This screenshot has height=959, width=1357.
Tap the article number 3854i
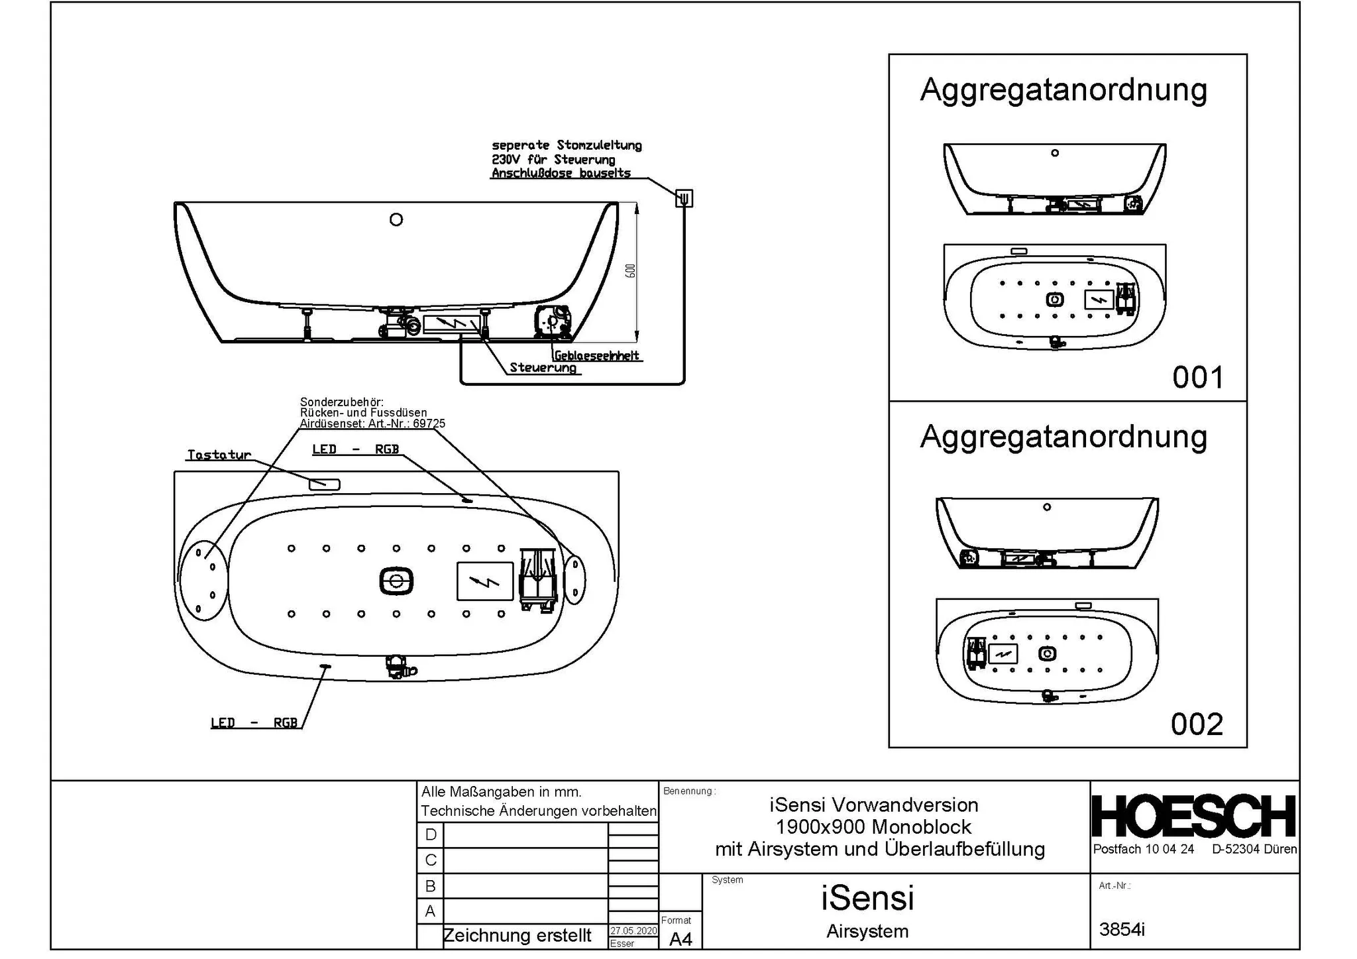click(1122, 929)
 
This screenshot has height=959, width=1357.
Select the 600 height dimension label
click(631, 270)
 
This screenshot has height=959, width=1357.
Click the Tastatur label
click(219, 455)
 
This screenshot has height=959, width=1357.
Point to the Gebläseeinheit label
click(596, 356)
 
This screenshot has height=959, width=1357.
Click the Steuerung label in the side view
click(543, 368)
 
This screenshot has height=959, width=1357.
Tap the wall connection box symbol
click(684, 198)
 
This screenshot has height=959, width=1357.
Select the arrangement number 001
click(1197, 378)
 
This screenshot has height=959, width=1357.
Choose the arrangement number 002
click(1197, 724)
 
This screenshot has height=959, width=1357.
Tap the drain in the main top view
click(396, 582)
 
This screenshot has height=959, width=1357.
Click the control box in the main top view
click(485, 581)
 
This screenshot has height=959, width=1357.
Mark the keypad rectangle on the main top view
click(325, 484)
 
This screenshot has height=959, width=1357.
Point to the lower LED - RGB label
click(254, 722)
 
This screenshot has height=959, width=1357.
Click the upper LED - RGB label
click(356, 449)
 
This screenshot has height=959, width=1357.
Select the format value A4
click(680, 939)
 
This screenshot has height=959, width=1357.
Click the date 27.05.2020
click(633, 931)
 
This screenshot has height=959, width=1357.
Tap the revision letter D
click(431, 834)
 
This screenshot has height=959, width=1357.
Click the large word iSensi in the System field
click(867, 898)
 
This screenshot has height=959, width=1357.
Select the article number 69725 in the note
click(429, 423)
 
